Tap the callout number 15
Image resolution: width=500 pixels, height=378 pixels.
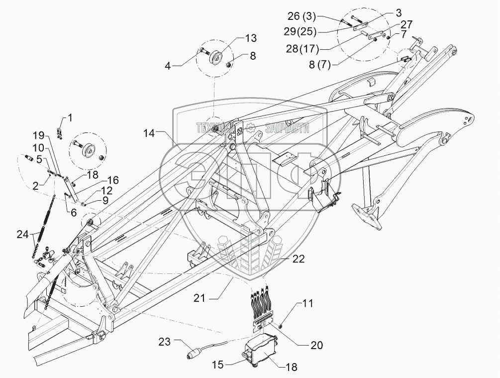click(218, 364)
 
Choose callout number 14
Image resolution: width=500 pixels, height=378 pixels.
click(149, 133)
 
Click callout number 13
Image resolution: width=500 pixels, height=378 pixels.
click(250, 38)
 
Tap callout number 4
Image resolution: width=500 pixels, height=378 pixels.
click(168, 66)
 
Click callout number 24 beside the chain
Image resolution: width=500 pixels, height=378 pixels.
click(24, 235)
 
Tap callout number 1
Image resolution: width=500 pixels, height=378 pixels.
click(69, 118)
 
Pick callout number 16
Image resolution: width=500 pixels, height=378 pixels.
click(112, 180)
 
